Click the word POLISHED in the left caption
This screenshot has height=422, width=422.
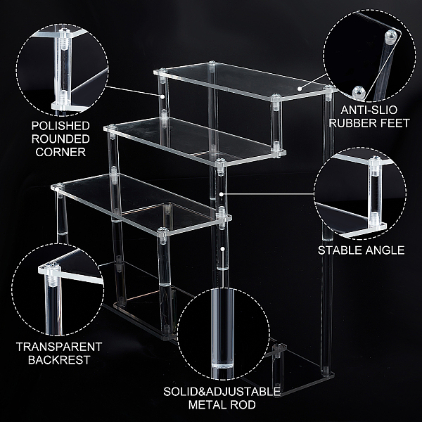(x=60, y=126)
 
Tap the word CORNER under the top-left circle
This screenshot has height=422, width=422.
(x=60, y=152)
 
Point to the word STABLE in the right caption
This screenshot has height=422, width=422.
(x=339, y=250)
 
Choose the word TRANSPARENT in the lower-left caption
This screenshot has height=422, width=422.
(x=59, y=347)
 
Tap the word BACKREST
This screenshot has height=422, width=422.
(x=59, y=360)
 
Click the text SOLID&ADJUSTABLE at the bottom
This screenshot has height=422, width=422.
(x=222, y=392)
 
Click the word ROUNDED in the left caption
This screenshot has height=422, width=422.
(x=60, y=139)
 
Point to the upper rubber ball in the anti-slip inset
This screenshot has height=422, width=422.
(x=391, y=37)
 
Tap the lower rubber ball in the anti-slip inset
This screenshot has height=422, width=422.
(x=359, y=92)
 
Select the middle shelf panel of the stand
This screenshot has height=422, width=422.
(x=194, y=141)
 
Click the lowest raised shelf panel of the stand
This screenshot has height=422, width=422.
(x=140, y=203)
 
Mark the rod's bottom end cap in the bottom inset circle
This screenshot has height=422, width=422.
(x=222, y=366)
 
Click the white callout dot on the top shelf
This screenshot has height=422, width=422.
(x=300, y=88)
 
